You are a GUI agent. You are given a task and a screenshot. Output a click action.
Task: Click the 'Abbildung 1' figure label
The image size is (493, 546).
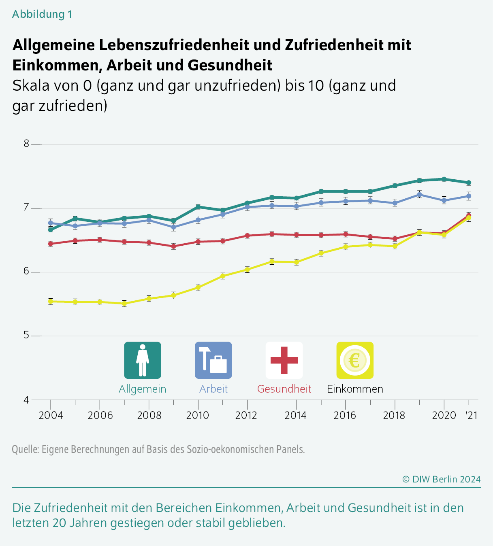[x=42, y=14]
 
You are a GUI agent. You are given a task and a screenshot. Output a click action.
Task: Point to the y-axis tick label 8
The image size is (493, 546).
[x=26, y=144]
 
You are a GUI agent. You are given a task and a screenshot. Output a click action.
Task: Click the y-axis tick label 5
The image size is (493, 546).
[x=26, y=336]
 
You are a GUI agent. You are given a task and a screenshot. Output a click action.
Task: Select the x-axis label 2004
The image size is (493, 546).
[x=51, y=415]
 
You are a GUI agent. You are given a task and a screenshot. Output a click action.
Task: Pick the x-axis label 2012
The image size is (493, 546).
[x=247, y=415]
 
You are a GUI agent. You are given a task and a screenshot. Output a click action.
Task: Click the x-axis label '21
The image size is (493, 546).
[x=471, y=415]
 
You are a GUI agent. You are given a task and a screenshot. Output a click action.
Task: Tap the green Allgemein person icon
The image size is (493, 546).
[x=143, y=360]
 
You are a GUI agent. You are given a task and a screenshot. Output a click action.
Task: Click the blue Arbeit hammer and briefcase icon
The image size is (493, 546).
[x=213, y=360]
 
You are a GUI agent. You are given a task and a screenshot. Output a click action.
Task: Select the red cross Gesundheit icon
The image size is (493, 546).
[x=284, y=360]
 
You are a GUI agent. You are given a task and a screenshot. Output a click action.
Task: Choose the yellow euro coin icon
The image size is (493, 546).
[x=355, y=360]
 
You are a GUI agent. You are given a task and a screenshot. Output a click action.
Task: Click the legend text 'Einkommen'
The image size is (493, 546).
[x=355, y=389]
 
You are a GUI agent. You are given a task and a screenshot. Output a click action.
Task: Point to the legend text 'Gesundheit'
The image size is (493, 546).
[x=284, y=389]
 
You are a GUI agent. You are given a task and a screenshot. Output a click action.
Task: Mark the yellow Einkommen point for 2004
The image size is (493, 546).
[x=51, y=302]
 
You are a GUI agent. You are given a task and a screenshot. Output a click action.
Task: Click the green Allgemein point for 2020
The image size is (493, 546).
[x=444, y=179]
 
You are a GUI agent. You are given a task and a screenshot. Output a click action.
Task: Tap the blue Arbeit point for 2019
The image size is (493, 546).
[x=420, y=195]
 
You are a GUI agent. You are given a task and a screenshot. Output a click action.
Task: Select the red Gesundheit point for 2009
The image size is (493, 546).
[x=173, y=246]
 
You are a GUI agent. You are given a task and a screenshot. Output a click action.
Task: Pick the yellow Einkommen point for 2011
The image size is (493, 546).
[x=223, y=276]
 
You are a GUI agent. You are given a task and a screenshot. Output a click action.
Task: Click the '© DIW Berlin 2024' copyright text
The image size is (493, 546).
[x=441, y=479]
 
